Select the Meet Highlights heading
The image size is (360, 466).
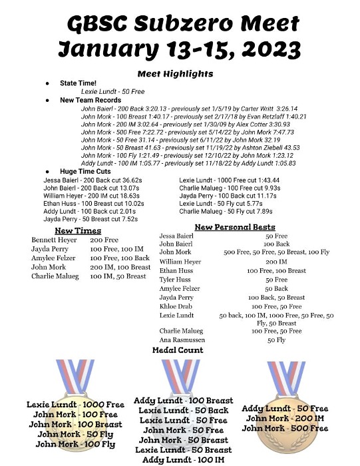[176, 73]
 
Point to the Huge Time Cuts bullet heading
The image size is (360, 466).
[86, 172]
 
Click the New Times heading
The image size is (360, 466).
[78, 230]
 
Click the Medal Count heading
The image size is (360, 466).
[178, 349]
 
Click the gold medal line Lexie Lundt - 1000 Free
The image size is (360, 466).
[75, 404]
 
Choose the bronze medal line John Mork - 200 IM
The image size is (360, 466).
[285, 418]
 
